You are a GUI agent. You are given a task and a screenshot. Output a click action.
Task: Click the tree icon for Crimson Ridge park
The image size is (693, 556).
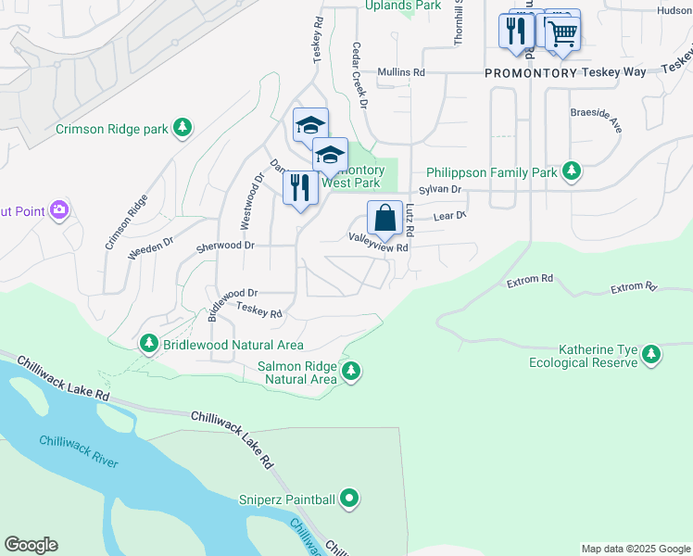(184, 128)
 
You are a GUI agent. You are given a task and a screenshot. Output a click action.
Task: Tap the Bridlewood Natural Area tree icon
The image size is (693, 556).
(149, 345)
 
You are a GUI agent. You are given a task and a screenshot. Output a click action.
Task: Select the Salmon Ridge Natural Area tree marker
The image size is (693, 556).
(350, 373)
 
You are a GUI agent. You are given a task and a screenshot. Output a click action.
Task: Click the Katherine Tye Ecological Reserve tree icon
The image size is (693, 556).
(651, 355)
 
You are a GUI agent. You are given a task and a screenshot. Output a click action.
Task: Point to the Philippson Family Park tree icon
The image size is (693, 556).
(572, 171)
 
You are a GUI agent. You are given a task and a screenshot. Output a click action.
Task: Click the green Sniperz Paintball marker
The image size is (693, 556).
(349, 499)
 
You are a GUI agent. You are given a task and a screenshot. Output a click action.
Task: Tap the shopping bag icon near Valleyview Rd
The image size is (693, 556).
(384, 219)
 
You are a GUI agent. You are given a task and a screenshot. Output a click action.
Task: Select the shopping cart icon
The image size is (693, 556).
(561, 33)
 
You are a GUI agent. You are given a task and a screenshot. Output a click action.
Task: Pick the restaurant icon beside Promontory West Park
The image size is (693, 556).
(300, 188)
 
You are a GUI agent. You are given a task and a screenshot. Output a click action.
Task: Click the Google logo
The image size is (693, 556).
(31, 545)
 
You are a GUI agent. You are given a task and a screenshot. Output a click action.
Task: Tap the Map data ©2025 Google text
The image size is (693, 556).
(635, 549)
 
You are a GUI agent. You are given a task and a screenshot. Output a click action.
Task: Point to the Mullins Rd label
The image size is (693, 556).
(400, 71)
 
